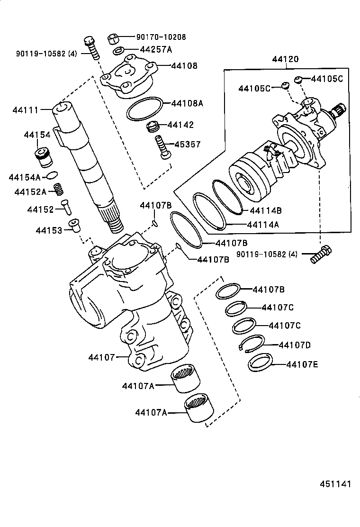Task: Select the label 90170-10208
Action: point(161,37)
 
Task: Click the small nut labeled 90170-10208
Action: point(113,38)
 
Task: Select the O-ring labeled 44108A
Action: point(144,109)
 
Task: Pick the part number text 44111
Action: point(25,110)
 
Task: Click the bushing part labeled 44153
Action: point(73,225)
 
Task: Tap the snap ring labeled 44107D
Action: point(252,344)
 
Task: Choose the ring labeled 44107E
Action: point(259,363)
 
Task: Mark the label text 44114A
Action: point(263,225)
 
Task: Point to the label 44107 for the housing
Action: point(101,357)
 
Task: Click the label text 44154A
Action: point(24,177)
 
